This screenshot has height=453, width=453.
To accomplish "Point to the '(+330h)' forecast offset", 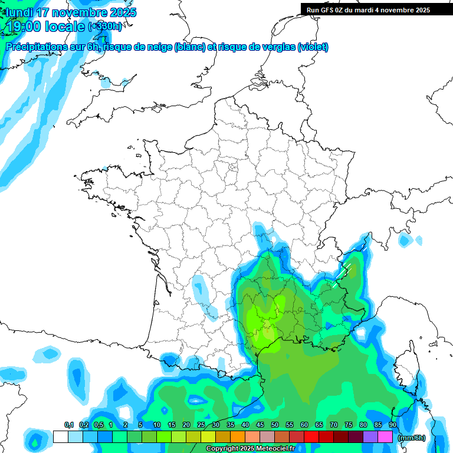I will pos(106,27).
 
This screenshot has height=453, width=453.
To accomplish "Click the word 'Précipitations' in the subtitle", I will pos(37,47).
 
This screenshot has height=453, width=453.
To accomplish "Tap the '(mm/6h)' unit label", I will pos(412,438).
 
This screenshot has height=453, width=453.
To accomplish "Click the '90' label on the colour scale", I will pos(393,425).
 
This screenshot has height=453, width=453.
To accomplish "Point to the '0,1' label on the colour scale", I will pos(68,425).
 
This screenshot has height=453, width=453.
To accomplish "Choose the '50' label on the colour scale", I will pos(275,425).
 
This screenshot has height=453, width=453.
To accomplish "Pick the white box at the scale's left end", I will pos(60,437).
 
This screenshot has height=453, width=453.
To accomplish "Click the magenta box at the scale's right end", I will pos(385,437).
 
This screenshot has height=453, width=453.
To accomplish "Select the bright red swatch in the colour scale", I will pos(311,437).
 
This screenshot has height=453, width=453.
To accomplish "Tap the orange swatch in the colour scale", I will pos(238,437).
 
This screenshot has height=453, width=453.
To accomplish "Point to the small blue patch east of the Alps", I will pos(405,240).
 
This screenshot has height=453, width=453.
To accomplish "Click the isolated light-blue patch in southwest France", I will pos(201,287).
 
